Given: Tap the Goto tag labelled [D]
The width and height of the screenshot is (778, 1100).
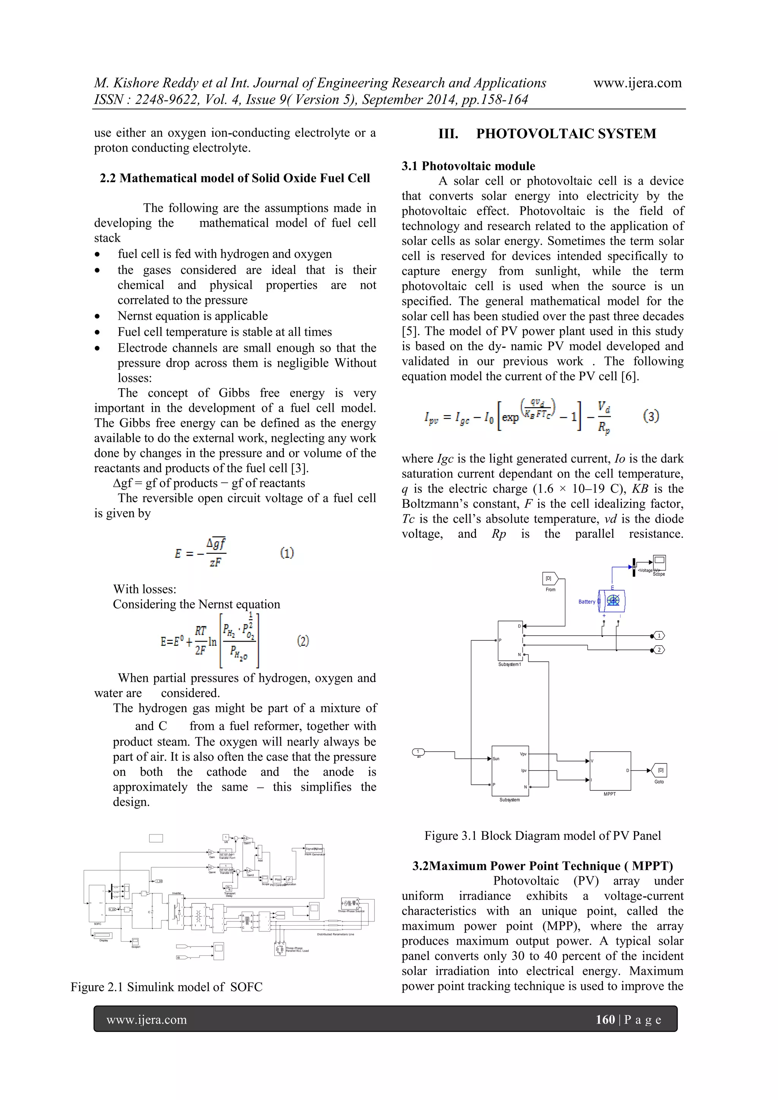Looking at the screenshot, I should tap(660, 770).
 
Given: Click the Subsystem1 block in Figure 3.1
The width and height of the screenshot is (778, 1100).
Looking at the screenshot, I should tap(510, 640).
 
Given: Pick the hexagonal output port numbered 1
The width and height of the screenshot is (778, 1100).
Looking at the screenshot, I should tap(659, 636).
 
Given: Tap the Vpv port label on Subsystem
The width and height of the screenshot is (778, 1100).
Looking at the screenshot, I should tap(523, 754).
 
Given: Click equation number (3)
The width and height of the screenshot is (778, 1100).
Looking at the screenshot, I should tap(651, 416).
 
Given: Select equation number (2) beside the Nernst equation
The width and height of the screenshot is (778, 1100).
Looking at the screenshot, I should tap(303, 641).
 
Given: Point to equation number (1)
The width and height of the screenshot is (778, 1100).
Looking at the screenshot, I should tap(286, 553).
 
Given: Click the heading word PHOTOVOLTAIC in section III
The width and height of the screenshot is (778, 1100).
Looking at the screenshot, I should tap(535, 134).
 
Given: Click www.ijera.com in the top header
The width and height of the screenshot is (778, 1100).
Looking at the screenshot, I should tap(637, 83).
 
